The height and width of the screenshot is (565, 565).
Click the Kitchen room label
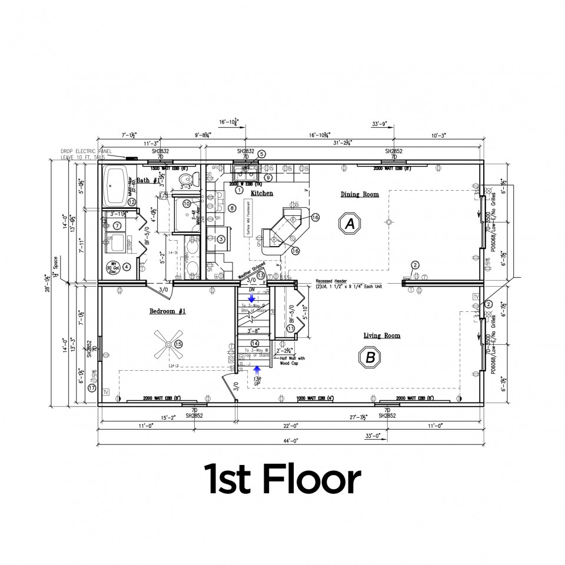262,193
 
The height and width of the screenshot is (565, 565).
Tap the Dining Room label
360,194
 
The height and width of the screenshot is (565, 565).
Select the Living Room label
381,335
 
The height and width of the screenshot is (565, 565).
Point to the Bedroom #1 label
167,311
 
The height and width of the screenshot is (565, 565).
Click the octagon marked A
351,223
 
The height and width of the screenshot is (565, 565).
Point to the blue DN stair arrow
251,298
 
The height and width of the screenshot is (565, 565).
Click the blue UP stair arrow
257,371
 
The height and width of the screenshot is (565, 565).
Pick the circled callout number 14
254,343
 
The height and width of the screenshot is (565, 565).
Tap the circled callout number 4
126,267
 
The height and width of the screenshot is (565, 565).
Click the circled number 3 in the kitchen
221,239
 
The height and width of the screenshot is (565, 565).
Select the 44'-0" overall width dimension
290,441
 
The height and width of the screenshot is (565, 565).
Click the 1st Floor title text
282,480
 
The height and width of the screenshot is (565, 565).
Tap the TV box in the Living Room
476,296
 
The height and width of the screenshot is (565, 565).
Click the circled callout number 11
290,328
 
